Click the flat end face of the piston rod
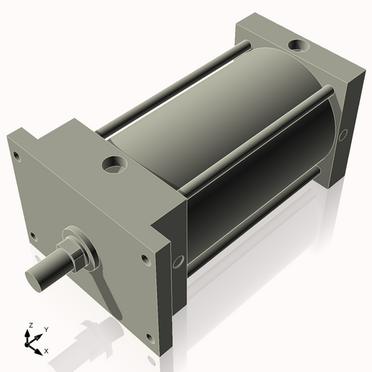pos(36,279)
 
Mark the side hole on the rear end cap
pos(343,135)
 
